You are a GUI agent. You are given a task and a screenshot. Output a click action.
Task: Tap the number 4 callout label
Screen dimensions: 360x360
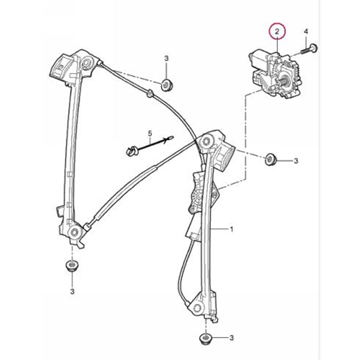tap(306, 31)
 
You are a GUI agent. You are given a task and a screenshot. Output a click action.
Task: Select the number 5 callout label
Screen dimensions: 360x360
tap(151, 133)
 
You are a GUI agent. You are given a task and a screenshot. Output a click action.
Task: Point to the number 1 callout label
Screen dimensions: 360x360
tap(232, 229)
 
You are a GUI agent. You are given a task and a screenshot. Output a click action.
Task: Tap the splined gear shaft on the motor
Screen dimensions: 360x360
tap(285, 82)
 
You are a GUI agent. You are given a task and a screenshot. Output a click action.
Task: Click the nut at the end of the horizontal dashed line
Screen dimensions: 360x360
tap(271, 159)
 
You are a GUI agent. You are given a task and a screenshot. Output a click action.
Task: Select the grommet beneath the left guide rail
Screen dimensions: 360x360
tap(71, 265)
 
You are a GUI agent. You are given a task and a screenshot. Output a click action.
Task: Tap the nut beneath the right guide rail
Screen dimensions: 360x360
tap(206, 338)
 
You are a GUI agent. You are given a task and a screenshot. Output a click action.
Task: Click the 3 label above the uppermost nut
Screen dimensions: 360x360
tap(166, 59)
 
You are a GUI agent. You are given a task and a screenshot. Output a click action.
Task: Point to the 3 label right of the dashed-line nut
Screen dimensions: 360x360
tap(296, 161)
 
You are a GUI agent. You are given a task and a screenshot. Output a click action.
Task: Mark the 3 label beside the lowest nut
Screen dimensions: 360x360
tap(232, 338)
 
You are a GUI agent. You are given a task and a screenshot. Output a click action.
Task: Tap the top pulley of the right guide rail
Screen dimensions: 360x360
tap(208, 141)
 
